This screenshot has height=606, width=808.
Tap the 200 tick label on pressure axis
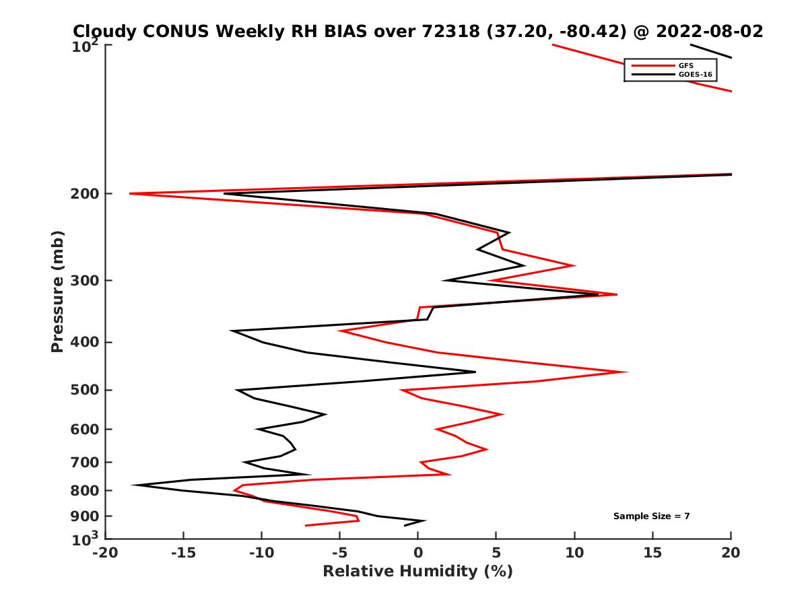tap(85, 194)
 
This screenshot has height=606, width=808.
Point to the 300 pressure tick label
tap(85, 281)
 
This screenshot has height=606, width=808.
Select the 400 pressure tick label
tap(85, 342)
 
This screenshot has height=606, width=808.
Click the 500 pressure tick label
tap(85, 390)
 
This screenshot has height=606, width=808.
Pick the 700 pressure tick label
tap(85, 462)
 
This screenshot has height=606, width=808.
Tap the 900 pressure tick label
tap(85, 516)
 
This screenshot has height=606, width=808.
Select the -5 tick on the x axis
tap(339, 553)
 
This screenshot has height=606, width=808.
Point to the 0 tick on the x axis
tap(418, 553)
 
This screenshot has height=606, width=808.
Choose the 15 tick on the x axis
tap(652, 553)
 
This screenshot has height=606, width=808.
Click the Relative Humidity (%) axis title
tap(417, 572)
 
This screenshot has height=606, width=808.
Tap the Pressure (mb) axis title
tap(57, 291)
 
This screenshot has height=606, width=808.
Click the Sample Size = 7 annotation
tap(651, 516)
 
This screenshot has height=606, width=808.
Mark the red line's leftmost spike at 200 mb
tap(130, 194)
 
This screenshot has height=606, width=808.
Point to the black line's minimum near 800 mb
tap(133, 485)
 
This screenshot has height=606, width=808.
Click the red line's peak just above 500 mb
tap(628, 372)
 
